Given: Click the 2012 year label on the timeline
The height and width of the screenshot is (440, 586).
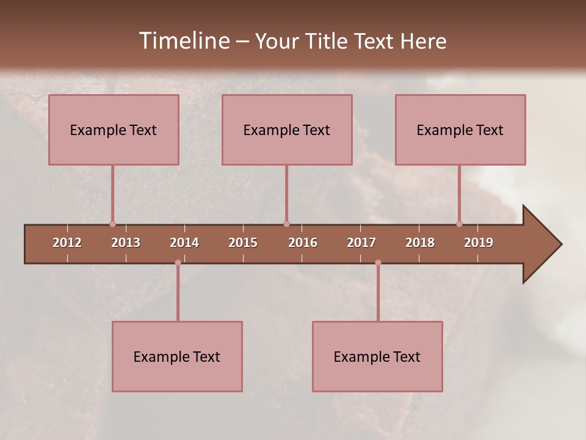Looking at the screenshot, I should pos(67,243).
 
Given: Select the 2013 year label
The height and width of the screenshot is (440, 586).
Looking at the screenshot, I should pos(126,243).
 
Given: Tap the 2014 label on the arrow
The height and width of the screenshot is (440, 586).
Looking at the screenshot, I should pos(184,243).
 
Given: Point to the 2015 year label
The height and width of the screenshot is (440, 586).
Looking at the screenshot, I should pos(243,243).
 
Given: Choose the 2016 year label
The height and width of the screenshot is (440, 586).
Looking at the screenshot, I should pos(303,243).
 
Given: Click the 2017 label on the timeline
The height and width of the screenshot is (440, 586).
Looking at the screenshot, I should pos(361,243).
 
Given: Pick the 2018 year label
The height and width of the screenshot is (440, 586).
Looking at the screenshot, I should pos(420,243).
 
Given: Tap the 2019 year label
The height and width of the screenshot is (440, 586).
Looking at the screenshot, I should pos(479,243).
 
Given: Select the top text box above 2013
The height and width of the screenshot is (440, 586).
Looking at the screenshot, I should pos(114,130).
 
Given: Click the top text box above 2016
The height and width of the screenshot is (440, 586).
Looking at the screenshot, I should pos(287,130).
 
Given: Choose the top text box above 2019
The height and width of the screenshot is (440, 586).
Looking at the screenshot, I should pos(460,130).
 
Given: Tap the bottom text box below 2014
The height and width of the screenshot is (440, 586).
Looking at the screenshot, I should pos(177,356).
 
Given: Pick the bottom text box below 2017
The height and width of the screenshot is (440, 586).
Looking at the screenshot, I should pos(377,356).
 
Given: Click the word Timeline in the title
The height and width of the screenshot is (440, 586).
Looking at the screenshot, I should pos(184,41).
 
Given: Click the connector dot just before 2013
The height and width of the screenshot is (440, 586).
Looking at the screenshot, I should pos(112,224).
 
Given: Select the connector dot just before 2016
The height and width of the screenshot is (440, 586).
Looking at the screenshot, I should pos(286,224).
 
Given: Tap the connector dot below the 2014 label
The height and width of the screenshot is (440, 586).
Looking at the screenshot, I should pos(178,263).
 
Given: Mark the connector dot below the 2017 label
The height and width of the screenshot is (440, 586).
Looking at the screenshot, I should pos(378,263).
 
